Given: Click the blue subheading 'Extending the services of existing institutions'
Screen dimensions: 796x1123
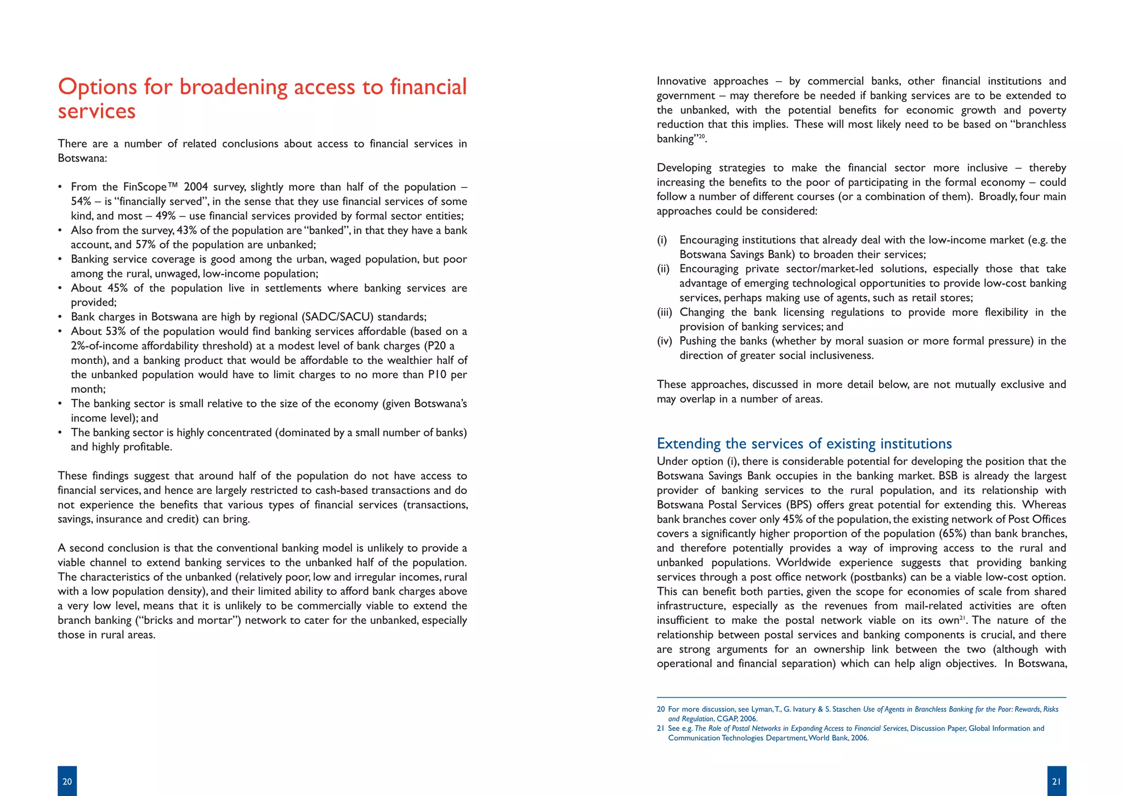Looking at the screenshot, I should coord(804,444).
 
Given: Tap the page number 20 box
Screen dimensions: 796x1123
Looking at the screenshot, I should coord(67,781).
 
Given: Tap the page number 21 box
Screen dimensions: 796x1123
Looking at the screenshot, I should coord(1056,781).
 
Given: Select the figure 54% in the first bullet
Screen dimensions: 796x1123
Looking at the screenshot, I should coord(81,201).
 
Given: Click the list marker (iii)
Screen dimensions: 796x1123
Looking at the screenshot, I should coord(664,312).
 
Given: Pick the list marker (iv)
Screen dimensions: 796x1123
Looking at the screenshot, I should coord(664,341).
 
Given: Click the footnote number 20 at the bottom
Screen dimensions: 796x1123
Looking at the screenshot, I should coord(661,709).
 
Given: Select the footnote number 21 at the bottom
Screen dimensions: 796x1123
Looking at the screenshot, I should coord(661,729).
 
